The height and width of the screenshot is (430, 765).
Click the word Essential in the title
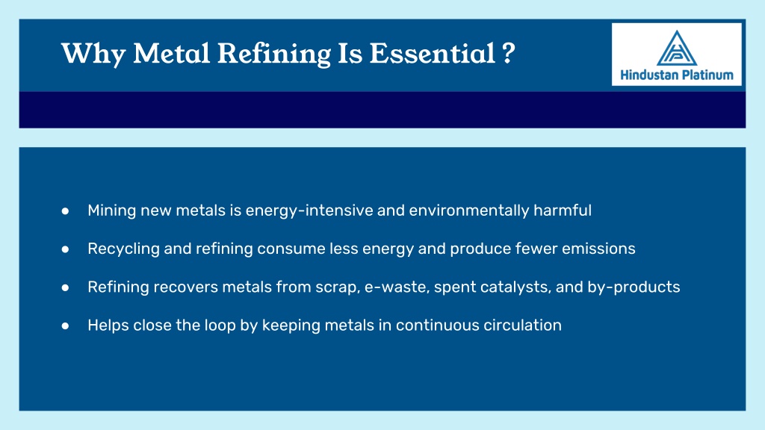(x=433, y=53)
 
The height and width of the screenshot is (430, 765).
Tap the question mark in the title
(x=508, y=53)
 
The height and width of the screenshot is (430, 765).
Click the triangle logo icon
(x=677, y=48)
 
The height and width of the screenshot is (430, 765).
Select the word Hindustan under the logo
(x=649, y=75)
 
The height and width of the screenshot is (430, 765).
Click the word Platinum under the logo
(x=707, y=75)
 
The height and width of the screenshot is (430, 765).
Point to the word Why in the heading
(x=93, y=54)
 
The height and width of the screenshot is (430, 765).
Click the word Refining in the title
(x=274, y=54)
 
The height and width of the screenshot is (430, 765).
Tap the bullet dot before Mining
(x=66, y=211)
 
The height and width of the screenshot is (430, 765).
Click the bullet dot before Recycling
(x=66, y=249)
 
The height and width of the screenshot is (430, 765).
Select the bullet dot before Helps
(x=66, y=325)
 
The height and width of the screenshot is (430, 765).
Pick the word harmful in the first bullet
(x=563, y=210)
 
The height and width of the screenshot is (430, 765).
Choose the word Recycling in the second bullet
(x=124, y=249)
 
